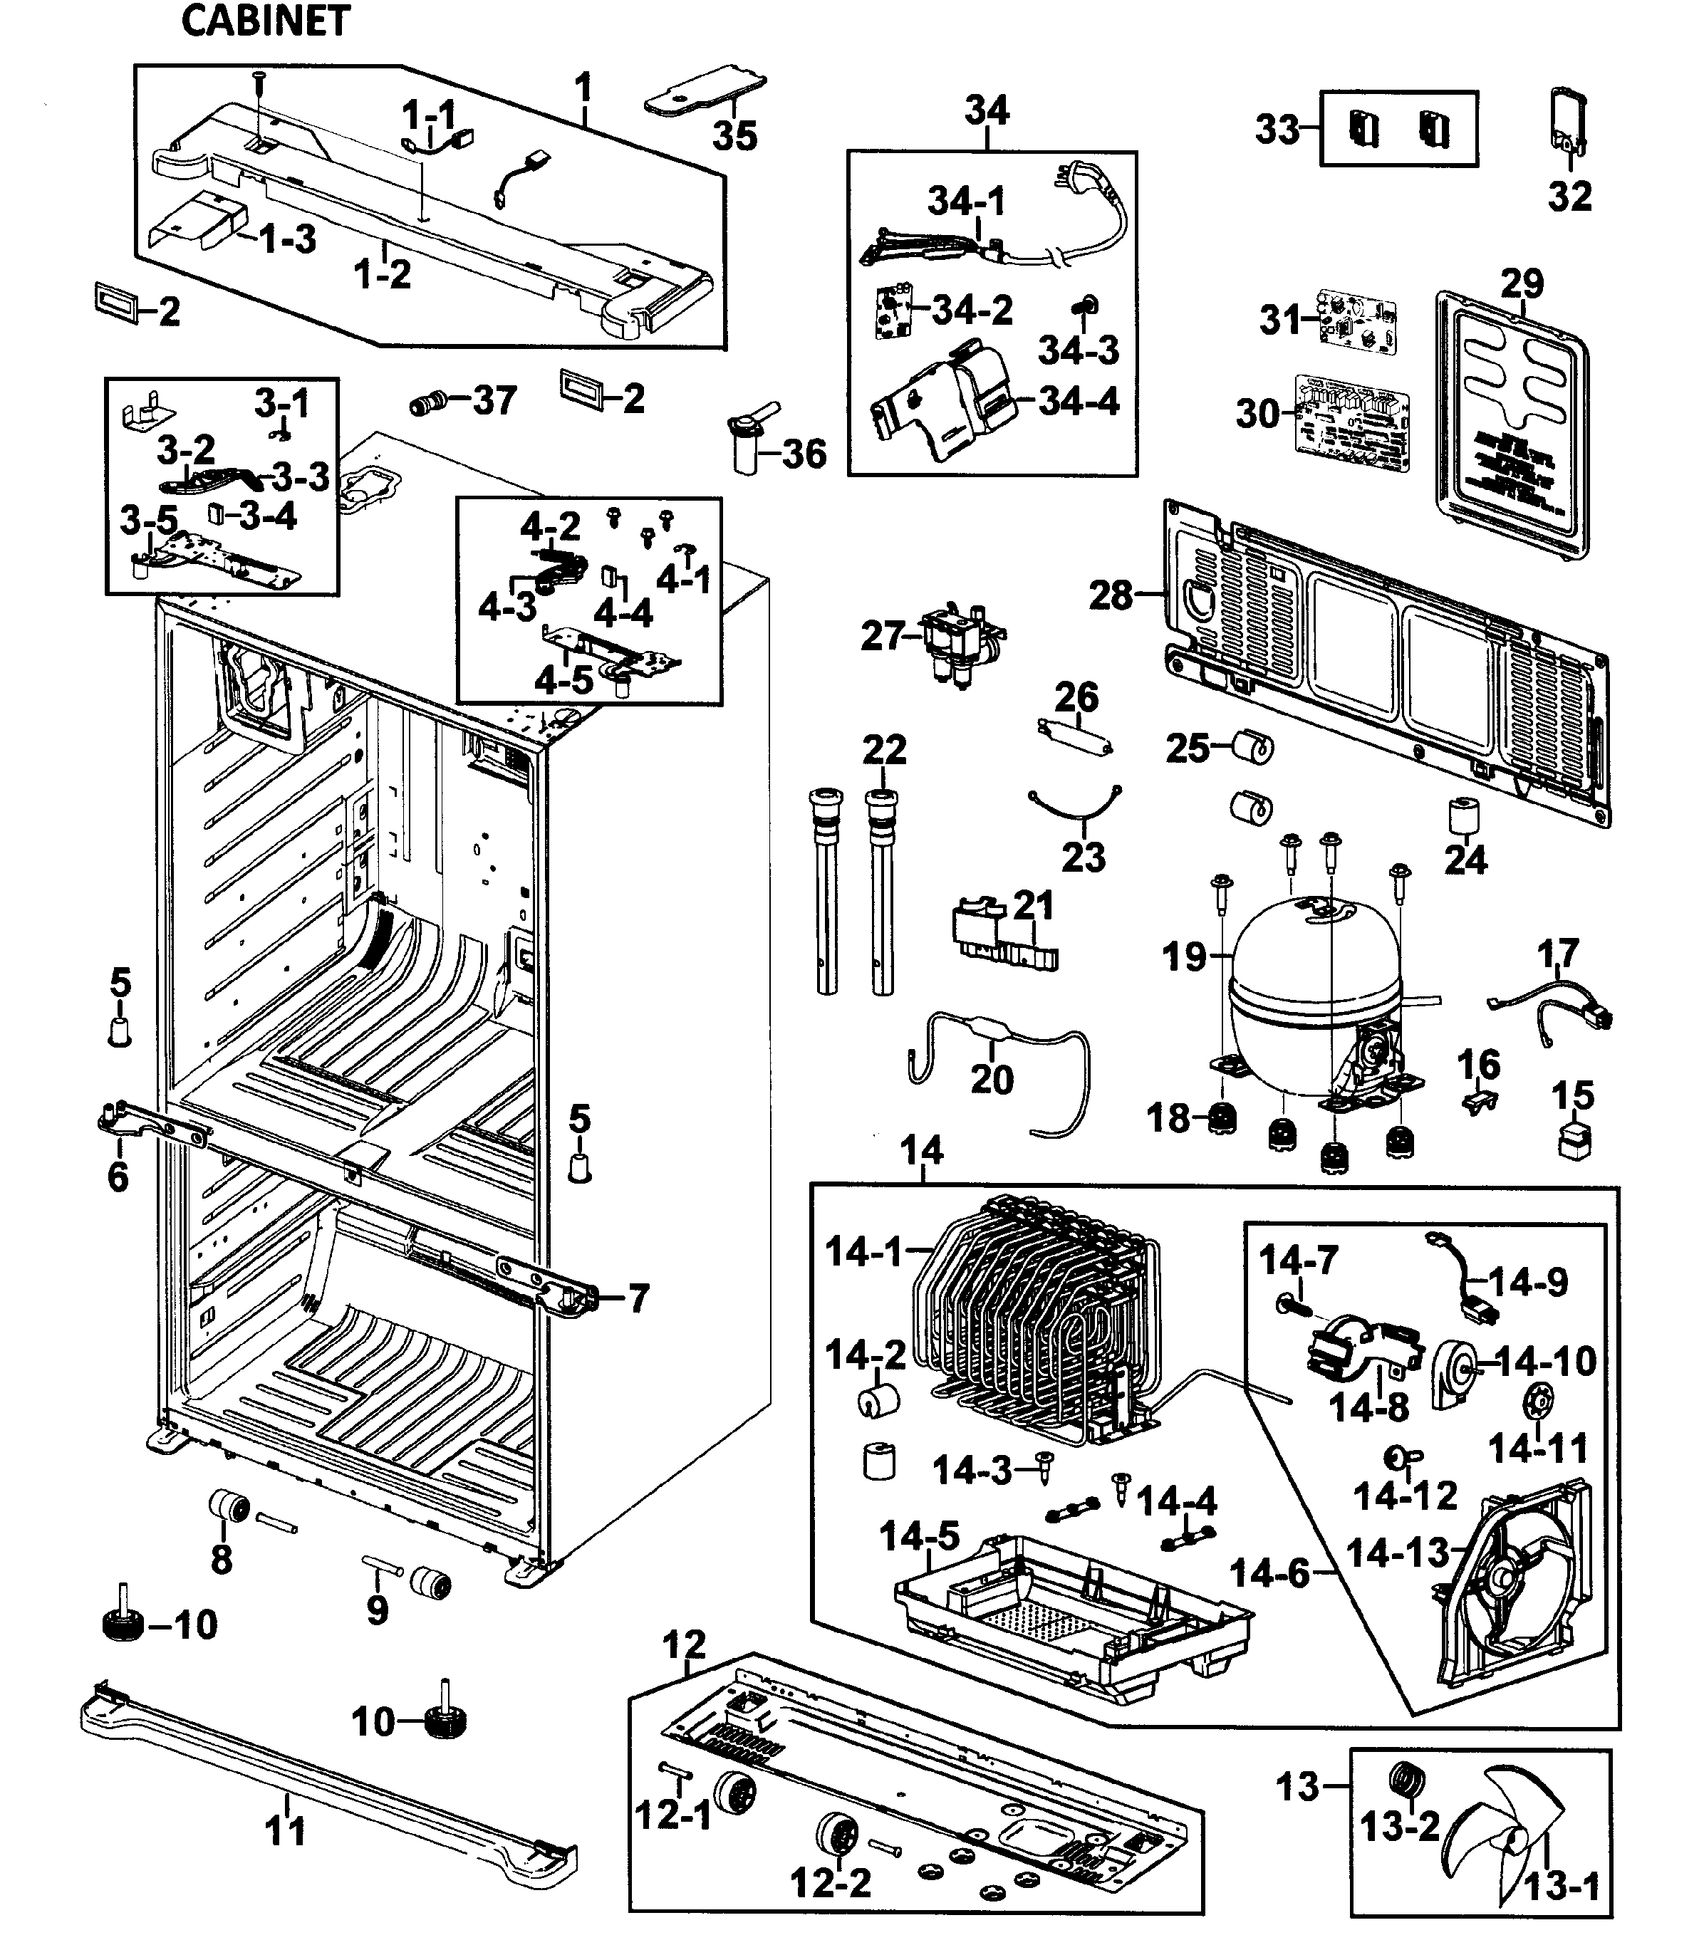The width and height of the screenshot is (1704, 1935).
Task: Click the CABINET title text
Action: tap(265, 21)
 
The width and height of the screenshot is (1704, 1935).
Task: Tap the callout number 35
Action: tap(734, 135)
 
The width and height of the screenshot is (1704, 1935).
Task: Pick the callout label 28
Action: tap(1109, 595)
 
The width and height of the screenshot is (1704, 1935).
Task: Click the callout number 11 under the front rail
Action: tap(285, 1831)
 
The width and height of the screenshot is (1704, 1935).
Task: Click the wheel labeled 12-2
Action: tap(835, 1837)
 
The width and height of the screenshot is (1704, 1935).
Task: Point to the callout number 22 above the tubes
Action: tap(884, 750)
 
